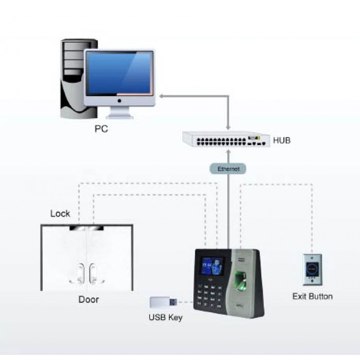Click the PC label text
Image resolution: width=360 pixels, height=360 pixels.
[101, 129]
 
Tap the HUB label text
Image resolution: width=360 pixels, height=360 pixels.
[282, 139]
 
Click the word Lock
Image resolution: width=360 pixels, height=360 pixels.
[60, 213]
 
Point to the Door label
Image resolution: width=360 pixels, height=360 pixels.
[88, 299]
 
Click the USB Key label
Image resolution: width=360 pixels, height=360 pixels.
[165, 317]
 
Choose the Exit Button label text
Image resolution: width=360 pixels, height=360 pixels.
[312, 296]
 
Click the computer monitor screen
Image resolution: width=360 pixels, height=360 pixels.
[119, 74]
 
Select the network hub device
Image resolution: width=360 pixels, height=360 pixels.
[226, 139]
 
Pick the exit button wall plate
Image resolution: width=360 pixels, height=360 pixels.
[312, 268]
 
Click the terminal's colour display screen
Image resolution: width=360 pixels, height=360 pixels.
[213, 268]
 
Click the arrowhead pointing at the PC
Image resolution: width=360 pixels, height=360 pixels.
[160, 96]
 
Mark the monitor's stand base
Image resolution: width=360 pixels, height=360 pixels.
[119, 115]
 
